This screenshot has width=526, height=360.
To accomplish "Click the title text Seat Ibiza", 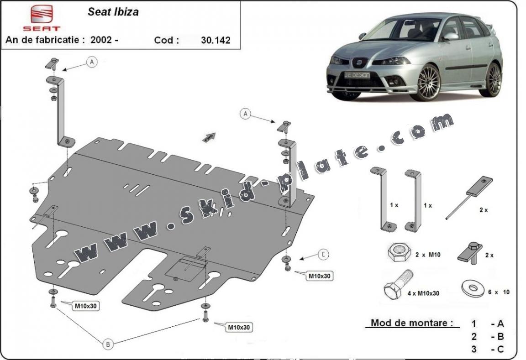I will pyautogui.click(x=113, y=12).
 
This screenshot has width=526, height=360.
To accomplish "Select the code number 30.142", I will pyautogui.click(x=216, y=40).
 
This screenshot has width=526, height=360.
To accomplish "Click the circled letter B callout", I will pyautogui.click(x=108, y=344).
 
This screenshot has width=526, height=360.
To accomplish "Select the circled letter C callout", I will pyautogui.click(x=323, y=255).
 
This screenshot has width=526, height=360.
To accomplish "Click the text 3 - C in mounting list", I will pyautogui.click(x=488, y=350).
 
